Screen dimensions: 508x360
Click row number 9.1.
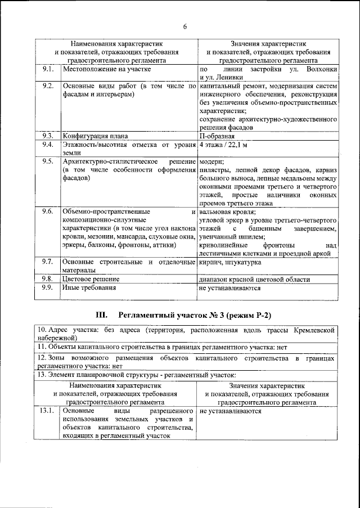[48, 69]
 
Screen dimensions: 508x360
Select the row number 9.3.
[48, 136]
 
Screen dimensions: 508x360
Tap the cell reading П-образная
[217, 136]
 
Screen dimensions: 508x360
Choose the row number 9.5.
[48, 161]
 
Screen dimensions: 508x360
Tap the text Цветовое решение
[91, 279]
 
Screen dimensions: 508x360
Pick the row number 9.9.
[48, 287]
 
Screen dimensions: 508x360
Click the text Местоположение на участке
[106, 69]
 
